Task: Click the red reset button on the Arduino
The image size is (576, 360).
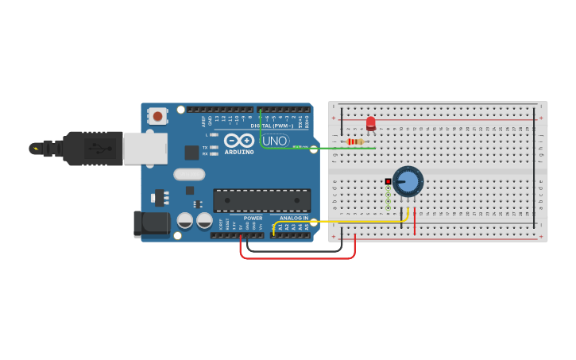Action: (x=157, y=116)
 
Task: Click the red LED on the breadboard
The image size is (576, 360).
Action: (x=370, y=123)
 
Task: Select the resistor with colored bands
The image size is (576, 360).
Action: (x=355, y=141)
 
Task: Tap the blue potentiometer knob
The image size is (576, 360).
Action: (x=408, y=181)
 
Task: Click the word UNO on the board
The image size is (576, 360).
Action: (x=275, y=141)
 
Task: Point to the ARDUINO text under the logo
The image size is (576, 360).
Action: (x=239, y=151)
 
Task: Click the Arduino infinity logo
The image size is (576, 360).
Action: (x=238, y=140)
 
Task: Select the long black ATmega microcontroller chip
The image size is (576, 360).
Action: (x=262, y=199)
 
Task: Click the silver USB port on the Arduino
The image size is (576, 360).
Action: (x=145, y=148)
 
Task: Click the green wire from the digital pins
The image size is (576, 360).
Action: (x=261, y=131)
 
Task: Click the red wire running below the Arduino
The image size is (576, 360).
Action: (x=298, y=258)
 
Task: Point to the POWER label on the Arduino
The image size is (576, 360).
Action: (x=253, y=218)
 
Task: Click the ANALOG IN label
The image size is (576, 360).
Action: (x=293, y=218)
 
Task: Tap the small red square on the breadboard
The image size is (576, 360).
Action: (x=388, y=181)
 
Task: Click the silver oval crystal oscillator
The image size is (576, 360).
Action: (x=189, y=174)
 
